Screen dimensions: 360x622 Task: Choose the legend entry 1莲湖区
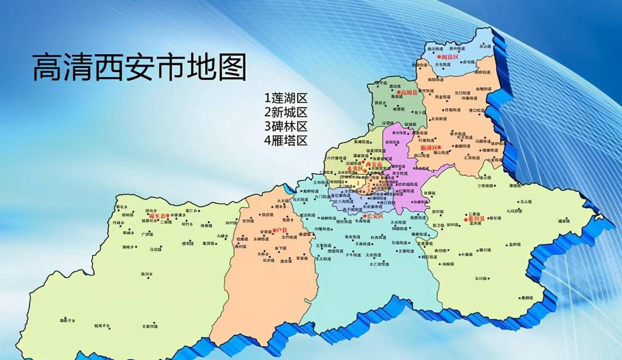286,98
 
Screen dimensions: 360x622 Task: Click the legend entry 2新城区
286,112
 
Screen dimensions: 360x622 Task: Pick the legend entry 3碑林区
286,126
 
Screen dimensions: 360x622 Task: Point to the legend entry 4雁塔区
286,140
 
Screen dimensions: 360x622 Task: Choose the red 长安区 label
375,216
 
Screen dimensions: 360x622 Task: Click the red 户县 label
282,230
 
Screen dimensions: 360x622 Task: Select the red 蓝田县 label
476,218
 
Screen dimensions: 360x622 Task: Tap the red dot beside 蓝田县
466,219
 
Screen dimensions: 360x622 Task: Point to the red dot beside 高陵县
399,93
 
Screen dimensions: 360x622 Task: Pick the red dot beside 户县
274,231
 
